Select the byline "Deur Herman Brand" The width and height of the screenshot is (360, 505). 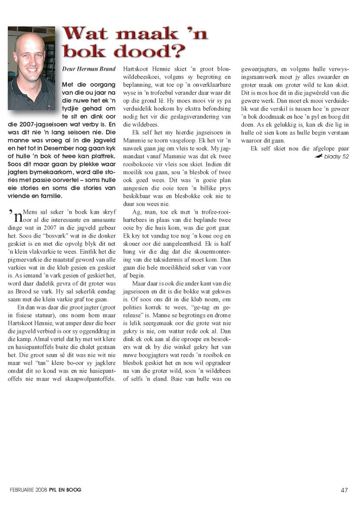[x=89, y=68]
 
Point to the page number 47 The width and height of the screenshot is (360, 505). [x=344, y=490]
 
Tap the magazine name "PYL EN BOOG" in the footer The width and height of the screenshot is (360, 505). [x=65, y=490]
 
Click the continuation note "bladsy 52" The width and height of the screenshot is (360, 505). [x=336, y=156]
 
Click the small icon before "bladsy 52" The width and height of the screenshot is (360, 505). [x=319, y=156]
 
